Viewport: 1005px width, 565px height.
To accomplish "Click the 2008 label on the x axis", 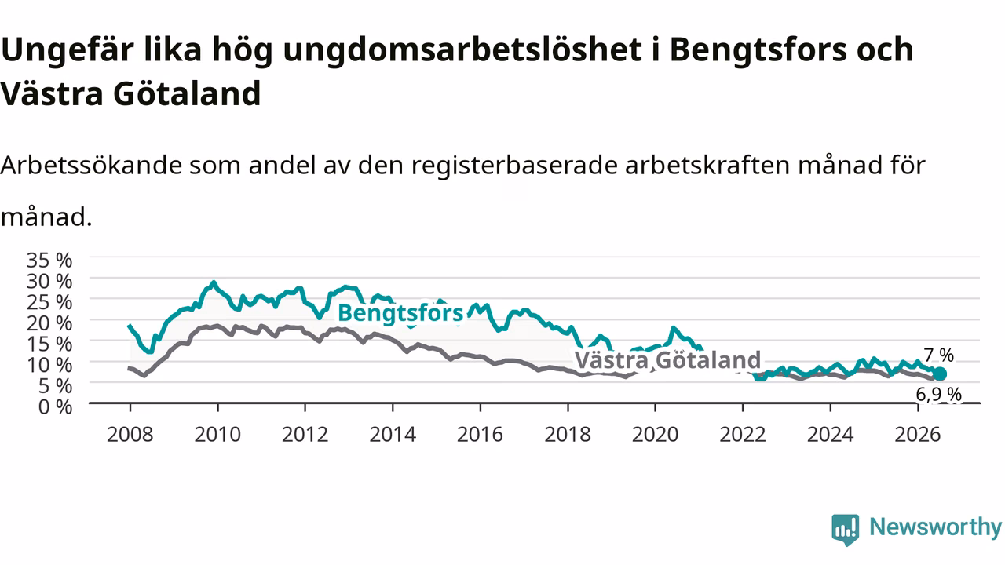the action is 130,435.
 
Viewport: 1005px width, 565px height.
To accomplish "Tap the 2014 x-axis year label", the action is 393,435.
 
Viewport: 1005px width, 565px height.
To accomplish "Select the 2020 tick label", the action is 655,435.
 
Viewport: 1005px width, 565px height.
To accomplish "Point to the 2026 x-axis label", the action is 918,435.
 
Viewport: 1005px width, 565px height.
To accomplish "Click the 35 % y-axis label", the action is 49,260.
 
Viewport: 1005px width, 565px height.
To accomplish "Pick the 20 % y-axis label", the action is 49,323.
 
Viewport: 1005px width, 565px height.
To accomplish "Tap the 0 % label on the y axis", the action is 55,406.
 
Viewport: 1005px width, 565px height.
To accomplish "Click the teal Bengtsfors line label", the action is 400,313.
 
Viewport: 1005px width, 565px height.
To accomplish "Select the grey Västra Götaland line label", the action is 667,359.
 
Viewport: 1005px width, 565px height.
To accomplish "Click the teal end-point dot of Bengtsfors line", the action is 940,374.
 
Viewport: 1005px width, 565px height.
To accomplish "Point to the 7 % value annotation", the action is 938,355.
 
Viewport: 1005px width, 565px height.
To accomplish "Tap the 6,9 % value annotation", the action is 938,395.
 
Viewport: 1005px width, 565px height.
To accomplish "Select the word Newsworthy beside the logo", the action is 935,527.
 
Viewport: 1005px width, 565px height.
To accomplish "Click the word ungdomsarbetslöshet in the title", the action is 462,50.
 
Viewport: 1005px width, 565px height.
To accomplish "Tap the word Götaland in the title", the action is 187,93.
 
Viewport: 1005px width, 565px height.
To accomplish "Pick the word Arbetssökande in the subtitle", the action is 92,166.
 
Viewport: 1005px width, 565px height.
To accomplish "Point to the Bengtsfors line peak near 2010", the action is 214,282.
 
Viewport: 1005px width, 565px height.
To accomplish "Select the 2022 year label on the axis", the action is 743,435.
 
